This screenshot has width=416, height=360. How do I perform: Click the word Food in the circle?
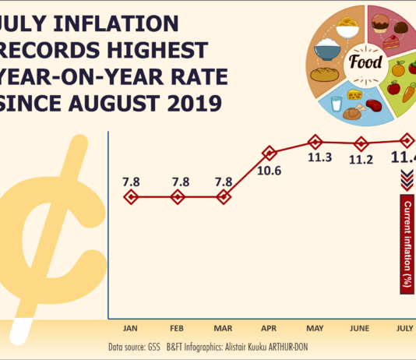[x=366, y=62]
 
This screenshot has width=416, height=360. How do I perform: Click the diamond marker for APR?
[x=270, y=153]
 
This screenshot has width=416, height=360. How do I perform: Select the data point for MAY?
[x=316, y=142]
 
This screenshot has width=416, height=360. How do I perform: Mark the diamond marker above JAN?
[x=132, y=197]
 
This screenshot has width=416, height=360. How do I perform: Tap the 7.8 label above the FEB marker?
[x=178, y=182]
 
